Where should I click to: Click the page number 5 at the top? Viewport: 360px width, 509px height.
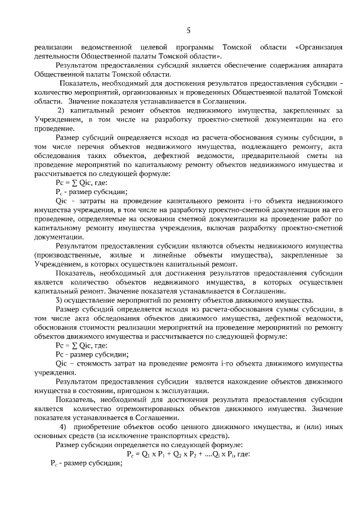point(188,30)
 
